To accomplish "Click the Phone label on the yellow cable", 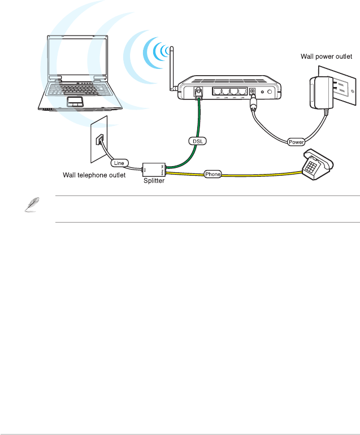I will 212,175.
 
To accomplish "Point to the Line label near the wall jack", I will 119,163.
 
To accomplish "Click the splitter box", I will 152,167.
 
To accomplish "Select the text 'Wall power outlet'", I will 328,56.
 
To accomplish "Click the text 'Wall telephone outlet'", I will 94,176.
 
